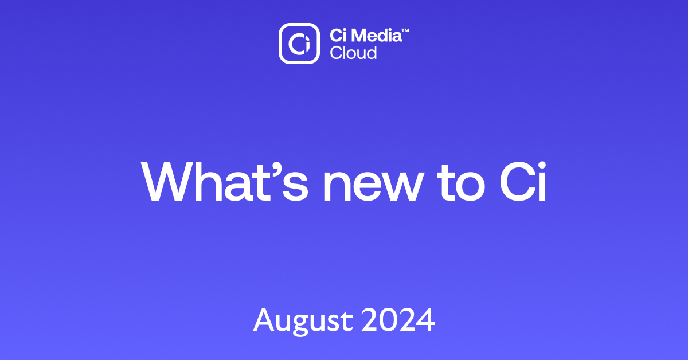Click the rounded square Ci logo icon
coord(299,44)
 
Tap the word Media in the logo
coord(377,35)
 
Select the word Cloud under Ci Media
coord(353,53)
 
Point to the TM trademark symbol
coord(405,30)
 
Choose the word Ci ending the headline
coord(523,181)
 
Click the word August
coord(303,321)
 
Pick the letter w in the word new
coord(402,186)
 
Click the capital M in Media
coord(358,35)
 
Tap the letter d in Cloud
coord(372,53)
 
